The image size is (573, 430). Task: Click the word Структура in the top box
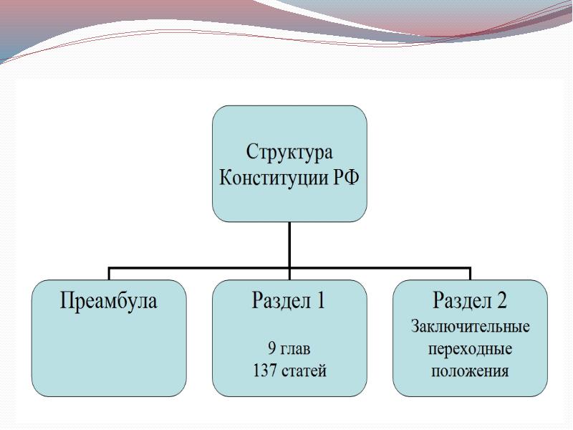click(x=289, y=153)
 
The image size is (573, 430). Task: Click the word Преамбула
click(x=109, y=301)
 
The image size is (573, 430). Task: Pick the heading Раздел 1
click(x=289, y=300)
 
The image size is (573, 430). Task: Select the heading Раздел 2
click(x=470, y=300)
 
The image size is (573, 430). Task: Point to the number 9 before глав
click(x=271, y=348)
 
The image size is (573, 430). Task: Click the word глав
click(x=295, y=349)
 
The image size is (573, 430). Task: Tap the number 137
click(x=265, y=371)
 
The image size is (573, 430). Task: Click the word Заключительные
click(x=471, y=326)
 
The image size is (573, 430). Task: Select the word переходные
click(x=470, y=350)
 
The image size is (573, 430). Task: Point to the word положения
click(x=470, y=371)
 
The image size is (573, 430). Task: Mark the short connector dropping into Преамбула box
click(x=109, y=274)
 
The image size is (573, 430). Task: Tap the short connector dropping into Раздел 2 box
click(x=470, y=274)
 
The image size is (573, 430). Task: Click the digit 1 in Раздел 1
click(x=320, y=300)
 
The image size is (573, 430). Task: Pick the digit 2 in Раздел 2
click(x=501, y=300)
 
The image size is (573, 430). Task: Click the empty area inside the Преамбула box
click(x=109, y=355)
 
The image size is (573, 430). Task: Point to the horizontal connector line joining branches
click(x=289, y=268)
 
